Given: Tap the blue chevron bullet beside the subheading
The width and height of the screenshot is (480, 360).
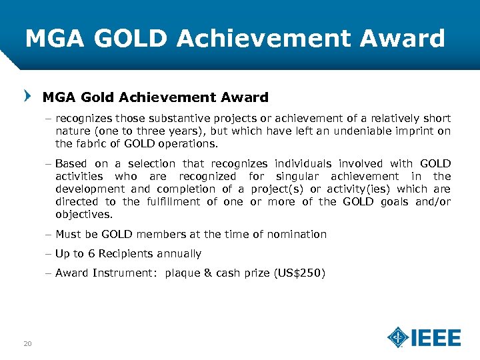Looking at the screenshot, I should (x=27, y=97).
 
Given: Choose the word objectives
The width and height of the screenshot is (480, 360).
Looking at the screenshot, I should (x=83, y=215).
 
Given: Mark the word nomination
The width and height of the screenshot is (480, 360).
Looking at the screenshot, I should (x=295, y=235).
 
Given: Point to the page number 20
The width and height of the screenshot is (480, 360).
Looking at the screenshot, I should (x=27, y=344).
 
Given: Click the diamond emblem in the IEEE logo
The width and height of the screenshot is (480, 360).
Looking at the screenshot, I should (x=398, y=337).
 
